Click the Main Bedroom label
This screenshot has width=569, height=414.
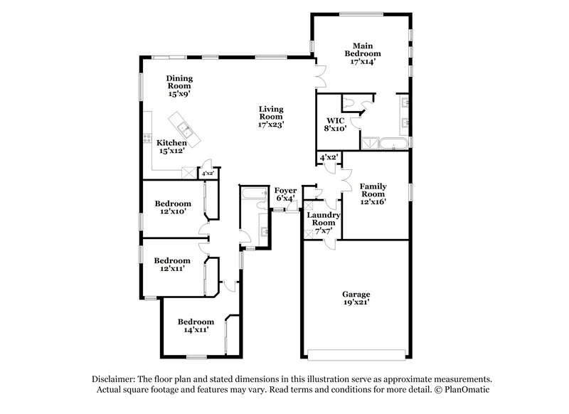[363, 53]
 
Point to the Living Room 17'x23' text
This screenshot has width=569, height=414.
[271, 117]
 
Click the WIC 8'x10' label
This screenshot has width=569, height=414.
[336, 124]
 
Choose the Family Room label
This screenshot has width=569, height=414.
[373, 193]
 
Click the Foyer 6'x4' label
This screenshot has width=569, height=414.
[284, 194]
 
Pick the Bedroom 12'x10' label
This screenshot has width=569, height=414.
[173, 207]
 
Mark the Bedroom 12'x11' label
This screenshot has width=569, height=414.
[173, 265]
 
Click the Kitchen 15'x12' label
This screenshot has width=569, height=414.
[171, 147]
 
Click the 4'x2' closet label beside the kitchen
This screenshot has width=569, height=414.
[208, 173]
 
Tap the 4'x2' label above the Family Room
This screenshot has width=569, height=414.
[328, 156]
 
